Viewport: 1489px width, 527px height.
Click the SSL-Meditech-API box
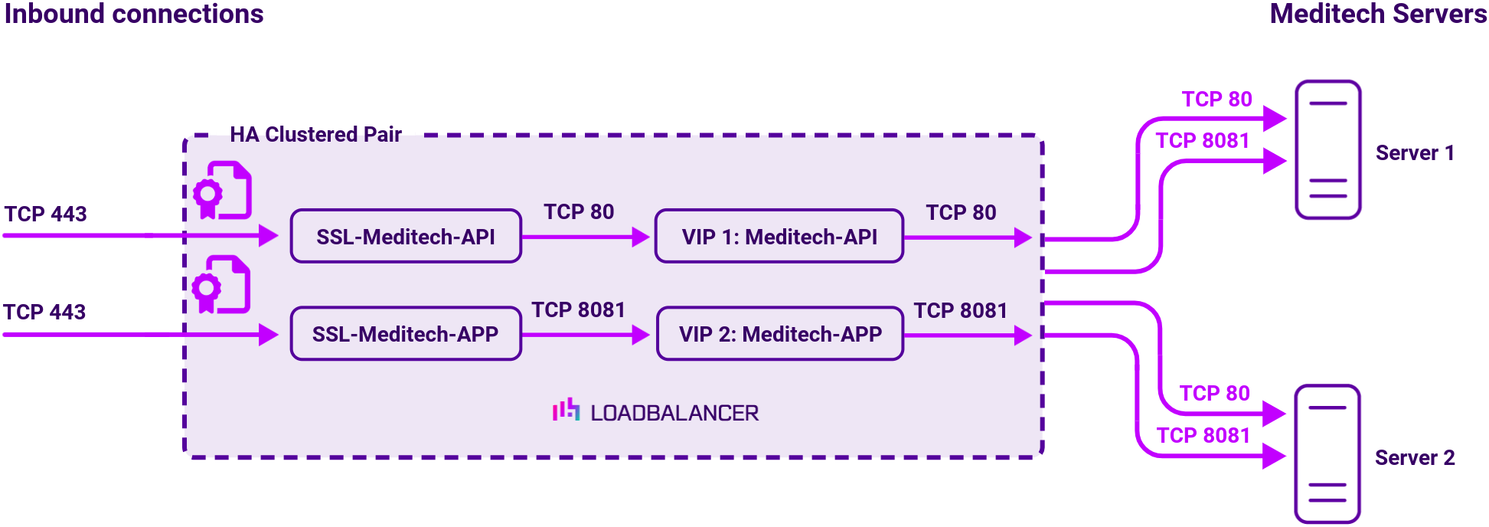406,237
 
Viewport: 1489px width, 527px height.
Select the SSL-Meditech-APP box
406,334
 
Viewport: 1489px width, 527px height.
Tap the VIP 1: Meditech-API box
779,237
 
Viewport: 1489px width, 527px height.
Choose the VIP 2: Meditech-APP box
780,334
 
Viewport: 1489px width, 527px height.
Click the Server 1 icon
1327,150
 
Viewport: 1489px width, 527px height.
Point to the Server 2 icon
1327,454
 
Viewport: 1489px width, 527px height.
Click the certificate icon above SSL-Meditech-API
222,191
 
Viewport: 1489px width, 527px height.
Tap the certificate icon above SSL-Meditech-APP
221,285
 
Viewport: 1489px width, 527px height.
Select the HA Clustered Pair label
315,135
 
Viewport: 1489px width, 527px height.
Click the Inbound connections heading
134,15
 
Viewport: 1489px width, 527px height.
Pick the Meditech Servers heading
1377,15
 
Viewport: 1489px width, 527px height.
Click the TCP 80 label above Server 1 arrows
1216,100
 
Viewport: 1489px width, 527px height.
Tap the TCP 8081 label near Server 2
1203,436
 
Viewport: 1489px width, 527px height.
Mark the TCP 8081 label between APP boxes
578,310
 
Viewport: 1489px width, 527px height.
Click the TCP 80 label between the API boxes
579,212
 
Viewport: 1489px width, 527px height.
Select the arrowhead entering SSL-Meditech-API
268,236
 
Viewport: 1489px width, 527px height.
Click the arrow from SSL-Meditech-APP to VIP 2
586,335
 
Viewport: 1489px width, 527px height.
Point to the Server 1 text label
1414,153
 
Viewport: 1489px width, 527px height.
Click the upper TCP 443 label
46,214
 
